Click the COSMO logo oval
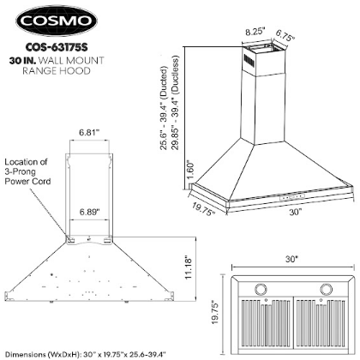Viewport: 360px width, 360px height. point(57,21)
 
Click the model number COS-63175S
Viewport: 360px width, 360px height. point(57,47)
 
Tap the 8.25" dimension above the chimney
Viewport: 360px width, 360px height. point(255,32)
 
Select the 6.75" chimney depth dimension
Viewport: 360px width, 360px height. point(285,35)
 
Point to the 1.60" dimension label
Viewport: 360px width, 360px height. point(191,170)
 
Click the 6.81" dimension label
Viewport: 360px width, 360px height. point(89,132)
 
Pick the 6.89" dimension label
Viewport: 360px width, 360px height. point(90,213)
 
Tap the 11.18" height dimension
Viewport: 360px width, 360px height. point(188,267)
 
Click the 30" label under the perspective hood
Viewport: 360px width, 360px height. point(296,213)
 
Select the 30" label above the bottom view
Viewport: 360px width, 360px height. point(291,259)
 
